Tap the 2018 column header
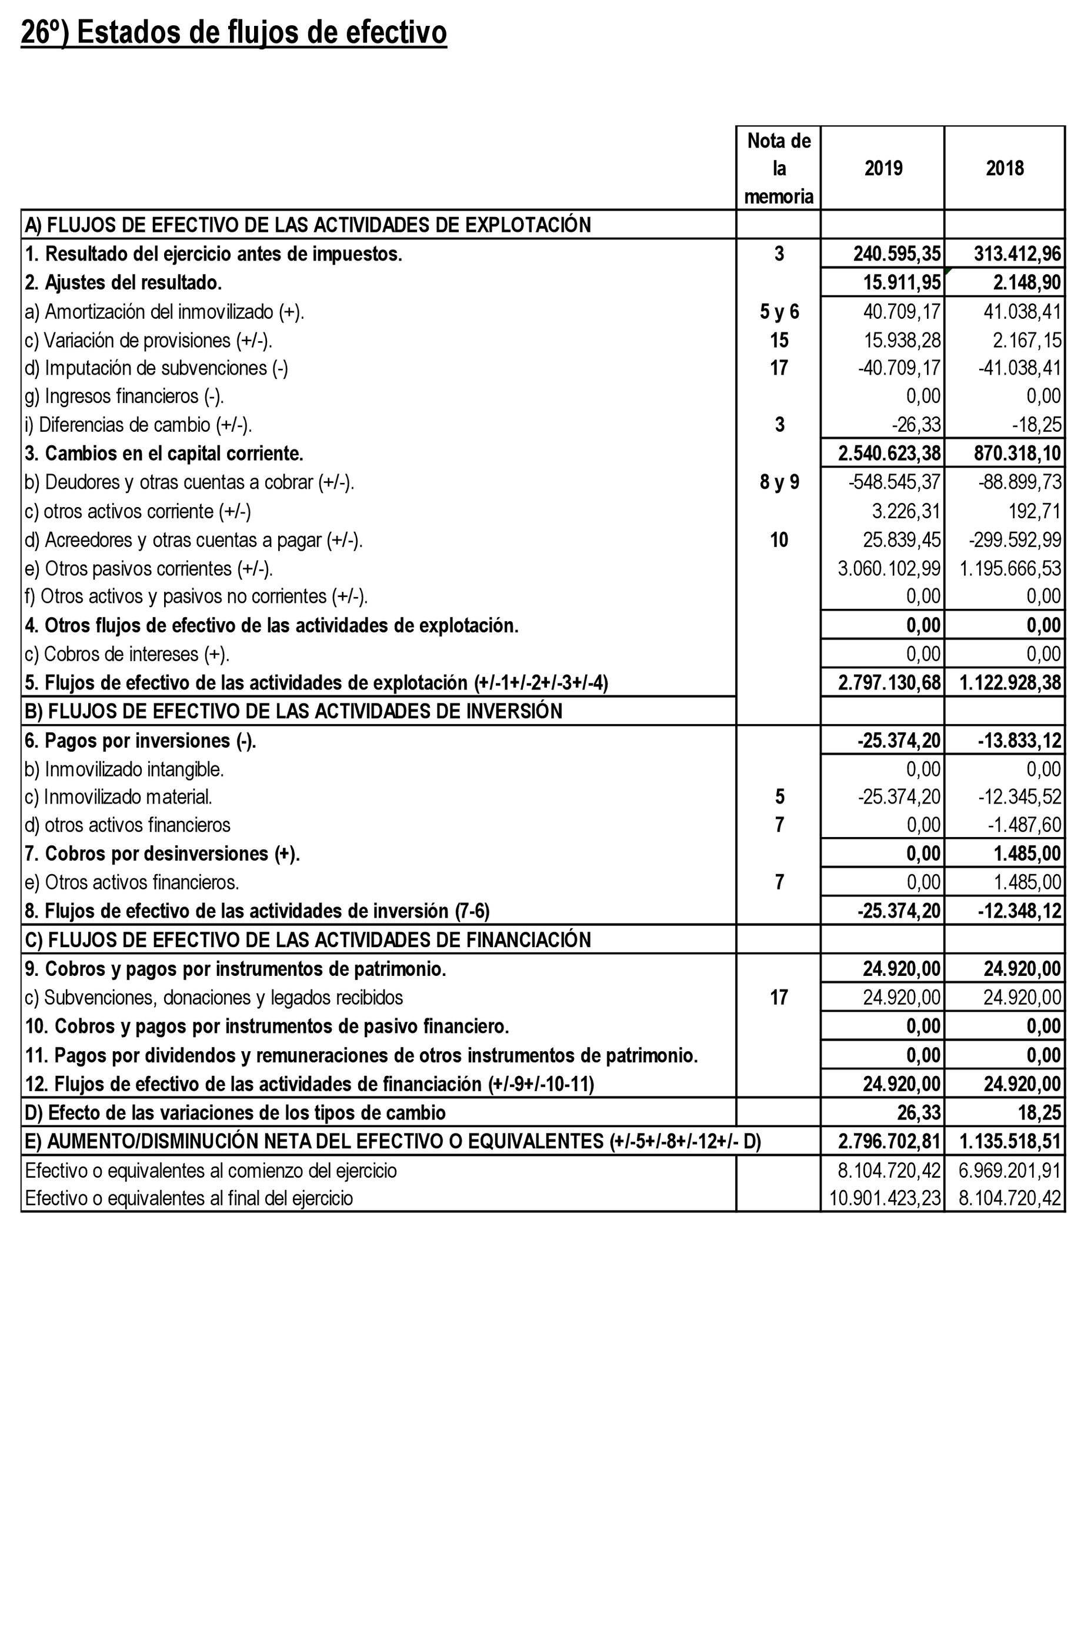[1005, 168]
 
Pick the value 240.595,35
[896, 254]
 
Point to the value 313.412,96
[1017, 254]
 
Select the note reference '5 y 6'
[779, 312]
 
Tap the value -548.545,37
[894, 482]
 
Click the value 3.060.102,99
[889, 569]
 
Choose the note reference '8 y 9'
[779, 482]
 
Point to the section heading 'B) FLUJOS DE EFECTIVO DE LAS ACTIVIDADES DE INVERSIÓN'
[293, 711]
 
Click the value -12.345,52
[1019, 797]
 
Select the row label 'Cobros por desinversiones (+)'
[162, 854]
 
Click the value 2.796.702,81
[889, 1141]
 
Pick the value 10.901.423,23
[885, 1198]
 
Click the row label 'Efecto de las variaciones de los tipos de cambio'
[235, 1113]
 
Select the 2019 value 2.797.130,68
[889, 683]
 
